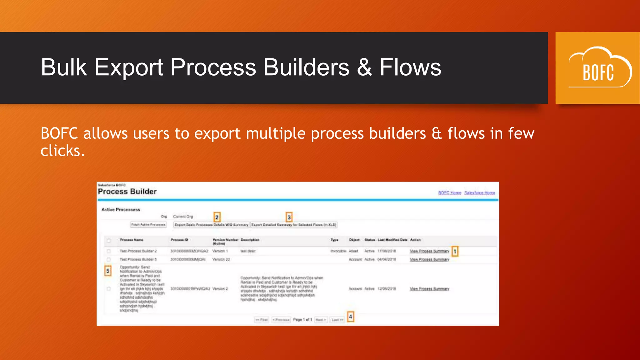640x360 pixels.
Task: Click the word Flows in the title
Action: click(x=410, y=67)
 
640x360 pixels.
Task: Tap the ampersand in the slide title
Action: click(x=364, y=67)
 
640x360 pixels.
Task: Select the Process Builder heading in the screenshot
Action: click(x=127, y=192)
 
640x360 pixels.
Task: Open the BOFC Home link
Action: click(x=449, y=193)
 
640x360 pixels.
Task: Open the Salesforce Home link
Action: click(x=479, y=193)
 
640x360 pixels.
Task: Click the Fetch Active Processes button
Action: click(x=148, y=225)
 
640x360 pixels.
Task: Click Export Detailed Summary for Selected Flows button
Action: click(x=293, y=225)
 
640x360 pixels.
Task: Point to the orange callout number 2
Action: click(x=217, y=217)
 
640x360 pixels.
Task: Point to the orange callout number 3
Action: click(x=289, y=217)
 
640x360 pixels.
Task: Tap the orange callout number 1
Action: click(x=455, y=251)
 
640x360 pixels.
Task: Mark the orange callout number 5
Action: click(x=108, y=271)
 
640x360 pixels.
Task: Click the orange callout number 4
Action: click(x=350, y=317)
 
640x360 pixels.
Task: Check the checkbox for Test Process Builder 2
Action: click(x=109, y=251)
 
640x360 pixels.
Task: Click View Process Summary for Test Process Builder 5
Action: click(x=429, y=260)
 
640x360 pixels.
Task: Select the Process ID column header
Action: click(x=179, y=240)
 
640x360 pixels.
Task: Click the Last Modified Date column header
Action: click(x=392, y=240)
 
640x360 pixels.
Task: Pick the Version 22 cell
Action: click(x=221, y=260)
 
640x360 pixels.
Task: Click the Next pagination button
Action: click(x=321, y=320)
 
